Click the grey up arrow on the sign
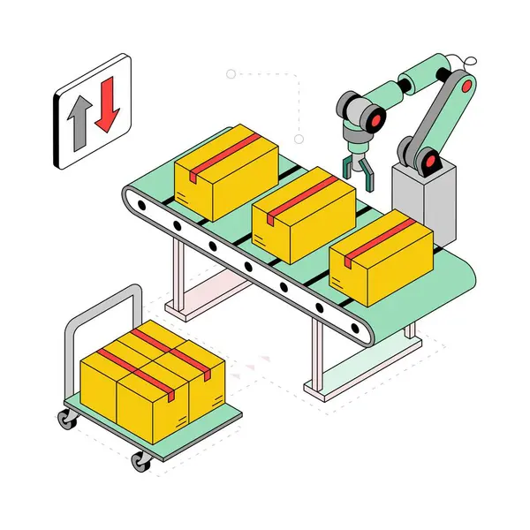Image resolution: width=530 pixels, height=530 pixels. (77, 123)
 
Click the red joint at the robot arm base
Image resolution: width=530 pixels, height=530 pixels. (431, 162)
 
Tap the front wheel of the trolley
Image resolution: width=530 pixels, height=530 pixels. (140, 460)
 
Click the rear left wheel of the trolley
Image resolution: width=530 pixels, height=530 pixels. (67, 420)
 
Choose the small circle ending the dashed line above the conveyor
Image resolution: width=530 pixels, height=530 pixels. (299, 139)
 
